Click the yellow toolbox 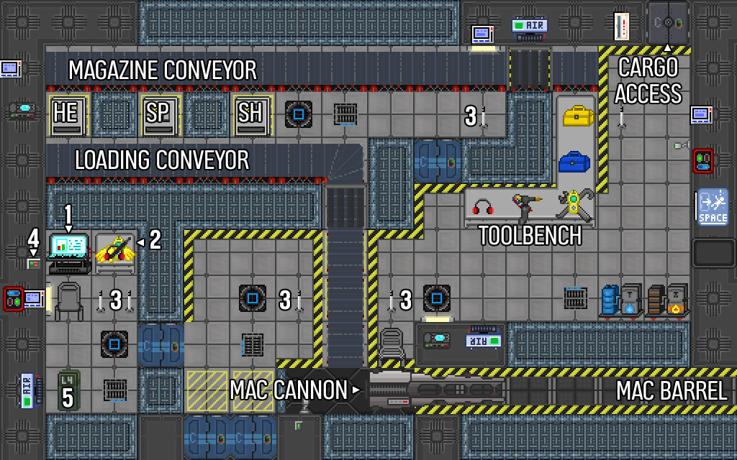[578, 116]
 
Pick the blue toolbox [574, 162]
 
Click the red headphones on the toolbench [483, 207]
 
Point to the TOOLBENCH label [530, 235]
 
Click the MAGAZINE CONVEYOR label [163, 70]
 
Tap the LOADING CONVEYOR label [162, 160]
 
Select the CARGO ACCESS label [648, 80]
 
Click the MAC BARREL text [672, 390]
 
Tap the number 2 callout [155, 240]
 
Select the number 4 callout [33, 239]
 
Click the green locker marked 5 [68, 390]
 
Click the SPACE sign [713, 207]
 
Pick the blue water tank [610, 300]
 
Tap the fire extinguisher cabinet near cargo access [621, 27]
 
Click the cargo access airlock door [668, 23]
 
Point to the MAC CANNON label [289, 390]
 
